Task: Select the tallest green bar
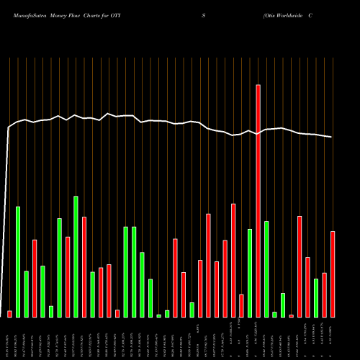tap(76, 256)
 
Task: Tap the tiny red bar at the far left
tap(9, 314)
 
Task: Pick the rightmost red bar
tap(333, 274)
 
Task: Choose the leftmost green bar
tap(18, 261)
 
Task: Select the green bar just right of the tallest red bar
tap(266, 269)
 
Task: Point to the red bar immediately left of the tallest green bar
tap(68, 276)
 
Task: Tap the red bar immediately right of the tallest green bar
tap(84, 266)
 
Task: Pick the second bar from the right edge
tap(325, 294)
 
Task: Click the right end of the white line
tap(332, 137)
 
